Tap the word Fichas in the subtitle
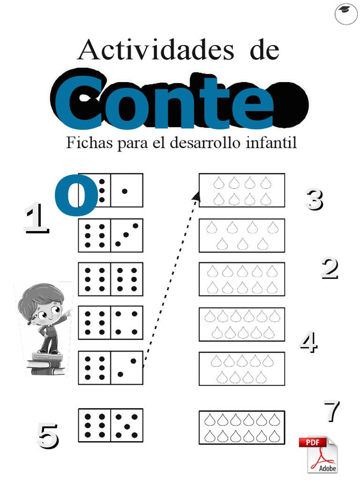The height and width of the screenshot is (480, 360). (89, 142)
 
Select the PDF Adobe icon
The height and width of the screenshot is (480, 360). (318, 454)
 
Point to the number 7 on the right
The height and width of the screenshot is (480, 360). (331, 411)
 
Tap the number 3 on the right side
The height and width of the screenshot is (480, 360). (314, 199)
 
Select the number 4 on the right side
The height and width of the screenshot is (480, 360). (308, 343)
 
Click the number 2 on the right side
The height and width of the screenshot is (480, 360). (329, 269)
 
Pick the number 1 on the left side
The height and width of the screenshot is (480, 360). (36, 217)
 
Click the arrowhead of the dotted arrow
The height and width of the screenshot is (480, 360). (197, 196)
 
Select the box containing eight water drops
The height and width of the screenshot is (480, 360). (241, 190)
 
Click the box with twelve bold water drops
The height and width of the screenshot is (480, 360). (241, 427)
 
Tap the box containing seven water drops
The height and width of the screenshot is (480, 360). (241, 235)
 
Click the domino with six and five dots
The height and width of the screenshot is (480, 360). (111, 425)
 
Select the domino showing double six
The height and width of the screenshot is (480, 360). (111, 279)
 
